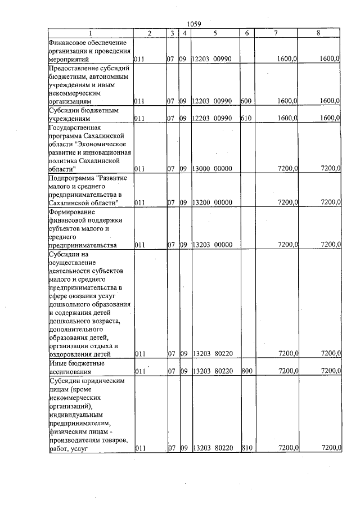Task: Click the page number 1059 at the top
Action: [x=193, y=25]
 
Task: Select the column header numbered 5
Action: [x=215, y=34]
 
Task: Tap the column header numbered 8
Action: [x=318, y=34]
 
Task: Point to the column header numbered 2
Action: [x=149, y=34]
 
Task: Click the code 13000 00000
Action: [x=211, y=168]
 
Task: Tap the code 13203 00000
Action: [x=211, y=245]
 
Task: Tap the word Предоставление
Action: [x=75, y=68]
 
